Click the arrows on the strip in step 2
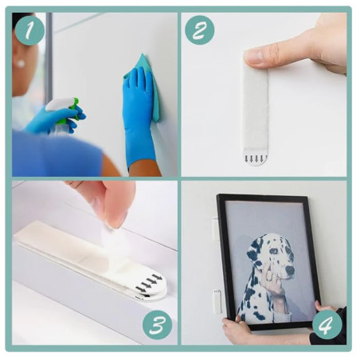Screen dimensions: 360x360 point(255,158)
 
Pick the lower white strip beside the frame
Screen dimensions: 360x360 point(216,302)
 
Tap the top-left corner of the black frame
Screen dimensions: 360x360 point(220,198)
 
